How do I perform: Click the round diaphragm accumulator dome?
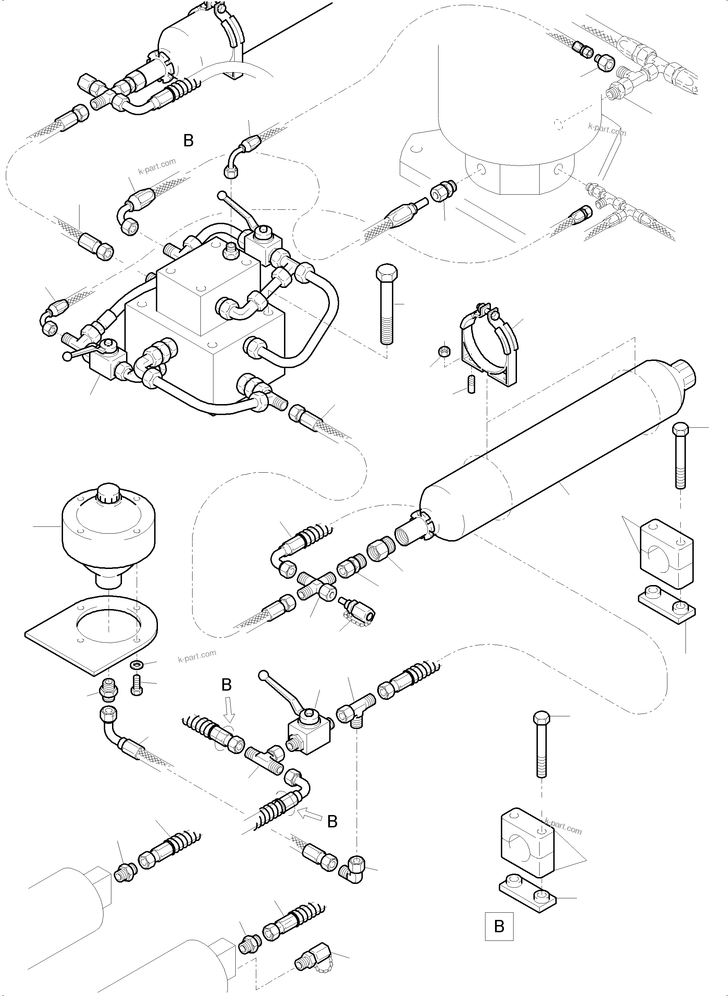point(108,529)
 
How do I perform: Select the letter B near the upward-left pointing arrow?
point(333,822)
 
